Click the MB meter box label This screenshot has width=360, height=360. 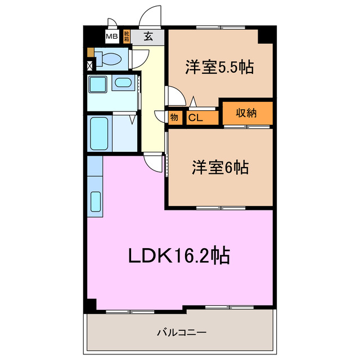point(112,37)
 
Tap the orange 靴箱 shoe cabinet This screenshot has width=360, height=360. point(127,37)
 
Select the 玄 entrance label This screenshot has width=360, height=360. point(148,37)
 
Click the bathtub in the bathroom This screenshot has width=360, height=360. point(100,133)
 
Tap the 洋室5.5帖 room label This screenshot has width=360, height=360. point(219,67)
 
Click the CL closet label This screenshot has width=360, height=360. point(195,118)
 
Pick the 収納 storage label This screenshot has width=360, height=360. point(246,113)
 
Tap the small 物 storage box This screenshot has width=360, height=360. point(174,118)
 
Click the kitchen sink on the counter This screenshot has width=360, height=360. point(95,201)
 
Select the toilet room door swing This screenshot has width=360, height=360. point(140,58)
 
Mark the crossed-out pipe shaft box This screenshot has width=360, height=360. point(90,65)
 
